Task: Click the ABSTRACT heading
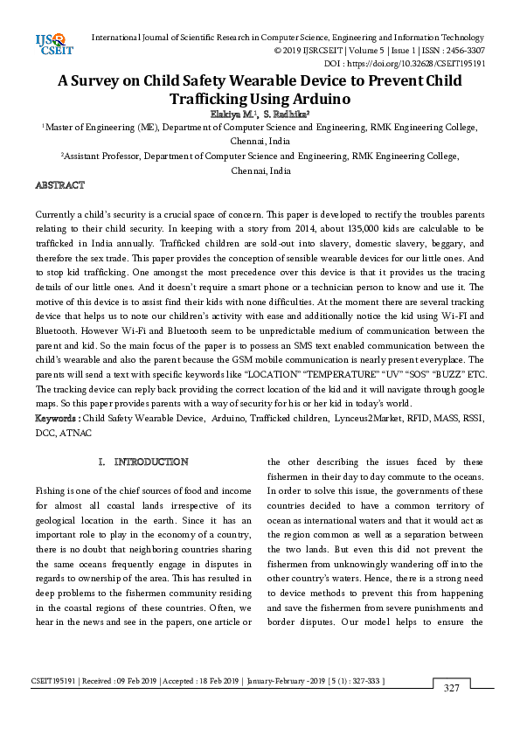(x=59, y=185)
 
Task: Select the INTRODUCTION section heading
(x=151, y=462)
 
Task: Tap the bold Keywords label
(x=57, y=419)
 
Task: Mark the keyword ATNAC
(x=75, y=433)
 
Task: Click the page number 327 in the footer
(x=451, y=688)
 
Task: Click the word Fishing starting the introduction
(x=52, y=491)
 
